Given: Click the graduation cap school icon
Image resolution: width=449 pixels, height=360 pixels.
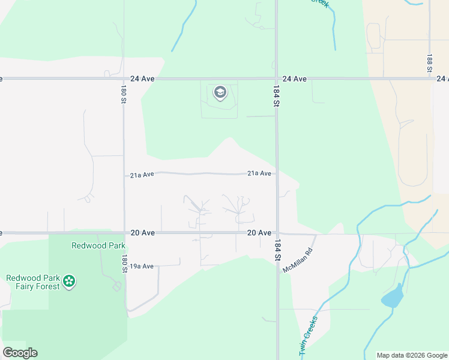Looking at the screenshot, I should [220, 92].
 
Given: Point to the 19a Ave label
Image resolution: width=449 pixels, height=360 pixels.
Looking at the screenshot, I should [142, 266].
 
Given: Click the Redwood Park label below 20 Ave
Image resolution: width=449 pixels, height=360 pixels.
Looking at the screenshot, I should [98, 245].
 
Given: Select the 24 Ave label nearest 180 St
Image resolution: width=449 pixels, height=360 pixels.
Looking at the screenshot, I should [142, 79].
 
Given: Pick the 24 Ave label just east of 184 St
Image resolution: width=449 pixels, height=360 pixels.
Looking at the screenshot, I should [295, 79].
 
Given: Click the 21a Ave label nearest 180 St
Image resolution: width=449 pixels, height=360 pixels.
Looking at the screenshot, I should [142, 175].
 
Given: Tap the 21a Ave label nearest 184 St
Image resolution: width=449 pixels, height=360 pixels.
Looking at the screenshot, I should [259, 173].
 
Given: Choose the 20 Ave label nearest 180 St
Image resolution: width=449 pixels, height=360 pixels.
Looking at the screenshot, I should [142, 233].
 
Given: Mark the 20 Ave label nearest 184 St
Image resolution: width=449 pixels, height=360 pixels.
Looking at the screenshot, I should [259, 233].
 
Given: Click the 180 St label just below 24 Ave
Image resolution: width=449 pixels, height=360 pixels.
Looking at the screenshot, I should [122, 94].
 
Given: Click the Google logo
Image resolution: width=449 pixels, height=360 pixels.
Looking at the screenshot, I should [20, 353].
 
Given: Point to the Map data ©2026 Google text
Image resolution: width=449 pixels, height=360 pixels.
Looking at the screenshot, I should [412, 355].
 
